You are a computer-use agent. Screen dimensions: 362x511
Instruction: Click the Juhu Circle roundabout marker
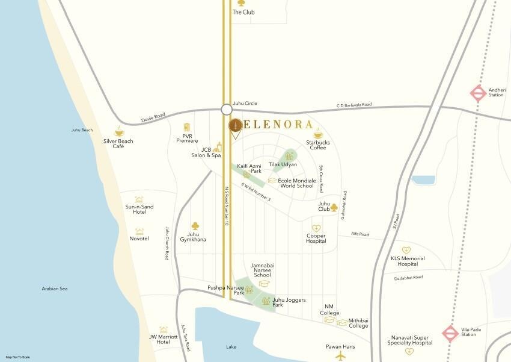(227, 110)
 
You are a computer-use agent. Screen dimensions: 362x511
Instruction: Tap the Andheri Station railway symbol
(478, 93)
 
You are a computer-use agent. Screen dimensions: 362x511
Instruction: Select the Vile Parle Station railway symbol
(450, 333)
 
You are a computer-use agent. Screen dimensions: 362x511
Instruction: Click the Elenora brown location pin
(236, 126)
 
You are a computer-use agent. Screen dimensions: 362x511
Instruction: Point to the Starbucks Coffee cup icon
(317, 134)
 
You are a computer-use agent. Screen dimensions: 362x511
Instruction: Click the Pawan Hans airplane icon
(341, 355)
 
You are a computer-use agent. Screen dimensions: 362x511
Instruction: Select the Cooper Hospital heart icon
(316, 228)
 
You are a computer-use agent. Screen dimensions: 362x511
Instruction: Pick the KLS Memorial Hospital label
(408, 261)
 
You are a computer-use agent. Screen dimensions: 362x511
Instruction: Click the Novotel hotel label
(139, 239)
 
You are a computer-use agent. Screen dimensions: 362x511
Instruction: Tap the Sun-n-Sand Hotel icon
(139, 199)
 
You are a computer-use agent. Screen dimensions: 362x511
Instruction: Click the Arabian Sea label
(55, 289)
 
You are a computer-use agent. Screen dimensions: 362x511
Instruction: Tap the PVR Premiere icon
(187, 127)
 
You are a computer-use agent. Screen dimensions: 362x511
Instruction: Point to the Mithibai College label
(358, 323)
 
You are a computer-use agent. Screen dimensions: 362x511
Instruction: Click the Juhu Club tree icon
(334, 207)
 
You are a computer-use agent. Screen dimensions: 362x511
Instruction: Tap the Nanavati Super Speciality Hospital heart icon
(409, 351)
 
